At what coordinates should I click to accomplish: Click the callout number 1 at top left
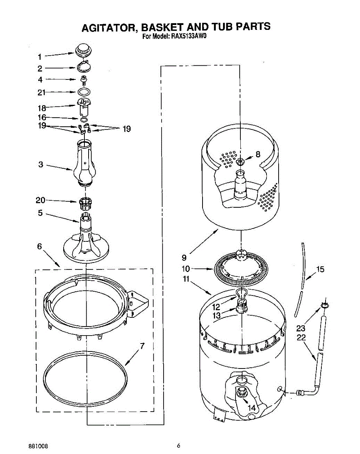(x=40, y=57)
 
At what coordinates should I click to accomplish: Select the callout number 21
(x=42, y=92)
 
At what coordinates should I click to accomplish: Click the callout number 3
(x=41, y=165)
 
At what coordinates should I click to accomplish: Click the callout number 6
(x=40, y=246)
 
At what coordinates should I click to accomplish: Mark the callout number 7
(x=142, y=345)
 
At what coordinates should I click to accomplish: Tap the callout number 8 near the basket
(x=258, y=154)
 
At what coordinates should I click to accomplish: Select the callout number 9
(x=184, y=258)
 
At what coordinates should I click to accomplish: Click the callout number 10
(x=185, y=269)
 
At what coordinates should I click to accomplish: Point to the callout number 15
(x=320, y=269)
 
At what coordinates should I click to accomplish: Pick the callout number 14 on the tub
(x=252, y=408)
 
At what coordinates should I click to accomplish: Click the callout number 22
(x=301, y=338)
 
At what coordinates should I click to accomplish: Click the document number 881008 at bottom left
(x=38, y=446)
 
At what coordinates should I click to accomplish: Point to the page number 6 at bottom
(x=178, y=445)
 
